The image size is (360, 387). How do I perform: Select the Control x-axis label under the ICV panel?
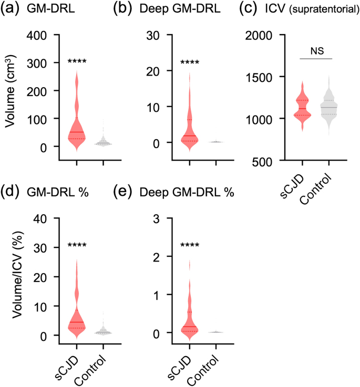coord(323,184)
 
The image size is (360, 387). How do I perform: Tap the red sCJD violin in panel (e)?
coord(189,320)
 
